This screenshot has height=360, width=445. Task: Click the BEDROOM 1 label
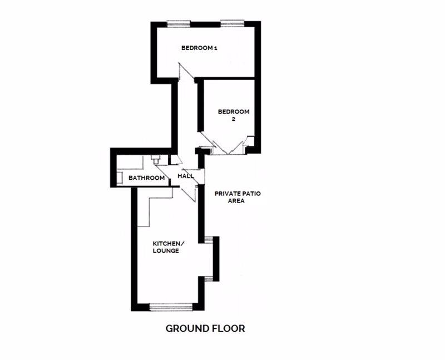(199, 48)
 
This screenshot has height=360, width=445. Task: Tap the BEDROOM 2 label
(234, 115)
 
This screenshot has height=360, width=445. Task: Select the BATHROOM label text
(146, 177)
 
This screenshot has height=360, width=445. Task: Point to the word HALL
(186, 176)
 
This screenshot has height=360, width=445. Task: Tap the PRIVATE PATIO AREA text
(238, 197)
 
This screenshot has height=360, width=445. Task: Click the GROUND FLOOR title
(205, 328)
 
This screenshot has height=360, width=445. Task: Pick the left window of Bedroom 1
(179, 23)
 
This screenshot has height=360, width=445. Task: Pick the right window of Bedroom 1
(232, 23)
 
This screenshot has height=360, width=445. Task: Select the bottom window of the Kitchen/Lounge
(171, 307)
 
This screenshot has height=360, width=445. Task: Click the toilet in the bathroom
(155, 159)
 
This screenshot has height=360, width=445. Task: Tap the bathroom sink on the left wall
(120, 177)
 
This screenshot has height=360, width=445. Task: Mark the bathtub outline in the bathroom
(130, 162)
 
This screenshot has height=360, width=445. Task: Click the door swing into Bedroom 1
(186, 72)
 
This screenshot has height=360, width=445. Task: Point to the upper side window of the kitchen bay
(209, 239)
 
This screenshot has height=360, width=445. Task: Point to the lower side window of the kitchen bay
(209, 279)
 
